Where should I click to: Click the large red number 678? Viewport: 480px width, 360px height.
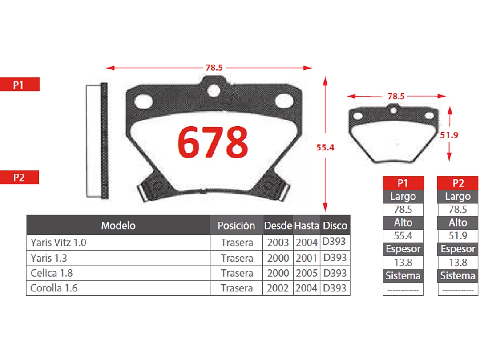click(x=213, y=142)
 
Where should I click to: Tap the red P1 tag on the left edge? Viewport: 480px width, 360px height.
click(x=20, y=85)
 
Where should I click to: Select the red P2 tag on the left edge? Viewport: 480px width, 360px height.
click(x=19, y=177)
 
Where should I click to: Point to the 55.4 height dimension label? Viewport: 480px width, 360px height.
click(x=325, y=148)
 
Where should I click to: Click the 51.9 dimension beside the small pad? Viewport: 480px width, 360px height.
click(x=449, y=135)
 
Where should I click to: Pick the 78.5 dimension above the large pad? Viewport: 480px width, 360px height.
click(x=214, y=68)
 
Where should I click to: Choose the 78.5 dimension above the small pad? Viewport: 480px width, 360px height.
click(x=396, y=97)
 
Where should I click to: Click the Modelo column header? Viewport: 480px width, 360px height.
click(x=118, y=226)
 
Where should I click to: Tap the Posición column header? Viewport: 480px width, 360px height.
click(x=236, y=226)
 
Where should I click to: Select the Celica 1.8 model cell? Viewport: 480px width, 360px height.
click(x=52, y=273)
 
